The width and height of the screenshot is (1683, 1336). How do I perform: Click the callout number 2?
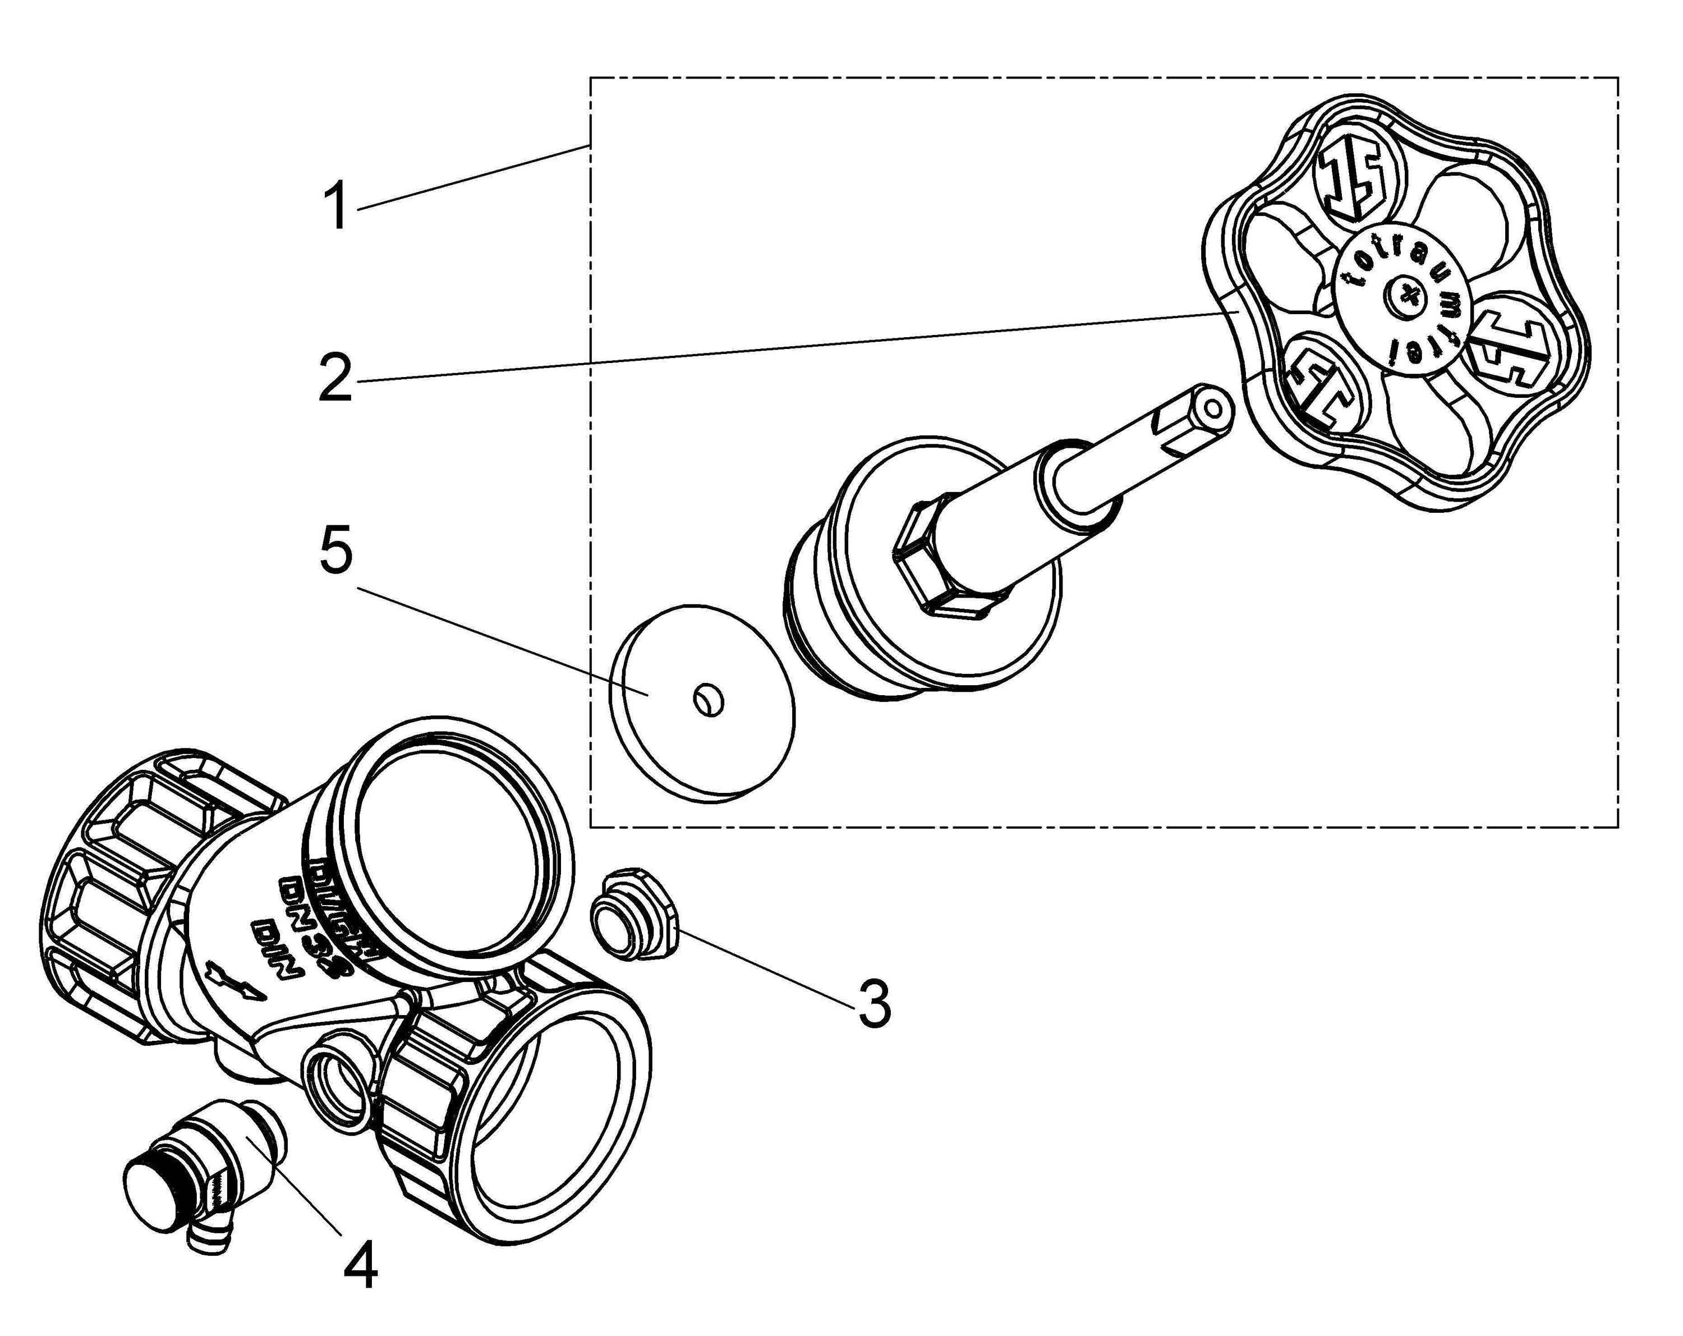click(335, 379)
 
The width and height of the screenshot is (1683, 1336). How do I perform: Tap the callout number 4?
click(361, 1266)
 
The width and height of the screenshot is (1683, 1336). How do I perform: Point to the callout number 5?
click(335, 551)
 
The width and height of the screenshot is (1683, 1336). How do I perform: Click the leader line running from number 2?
click(780, 347)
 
